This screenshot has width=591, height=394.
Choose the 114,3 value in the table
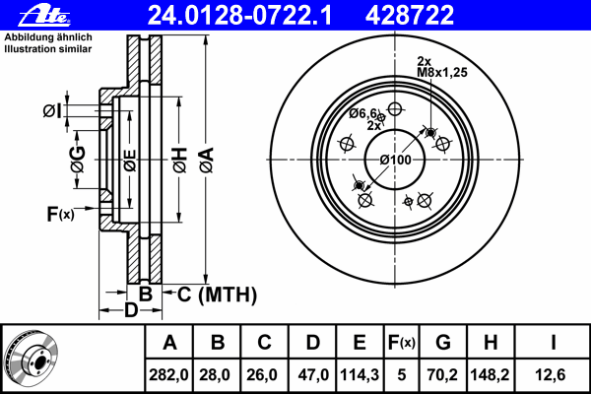(x=360, y=374)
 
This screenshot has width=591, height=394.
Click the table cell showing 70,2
(x=443, y=374)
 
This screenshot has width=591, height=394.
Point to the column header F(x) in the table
(x=401, y=343)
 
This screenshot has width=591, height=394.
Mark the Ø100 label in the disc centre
(x=395, y=160)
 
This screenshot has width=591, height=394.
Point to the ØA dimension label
(x=206, y=159)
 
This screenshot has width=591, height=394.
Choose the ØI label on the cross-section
(x=53, y=110)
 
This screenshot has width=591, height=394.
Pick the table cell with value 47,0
(x=312, y=374)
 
